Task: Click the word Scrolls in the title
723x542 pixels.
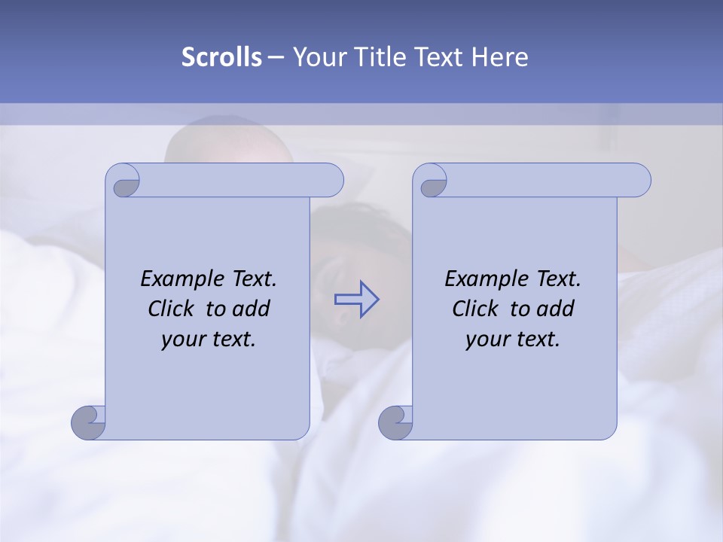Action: coord(221,57)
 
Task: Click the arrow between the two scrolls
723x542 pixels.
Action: coord(356,299)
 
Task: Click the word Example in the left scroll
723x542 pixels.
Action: coord(177,279)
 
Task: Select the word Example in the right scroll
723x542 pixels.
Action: coord(481,279)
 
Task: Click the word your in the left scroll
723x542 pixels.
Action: coord(182,340)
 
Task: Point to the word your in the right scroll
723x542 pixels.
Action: coord(486,340)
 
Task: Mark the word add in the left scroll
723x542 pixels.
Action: coord(252,309)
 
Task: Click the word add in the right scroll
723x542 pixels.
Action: coord(557,309)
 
